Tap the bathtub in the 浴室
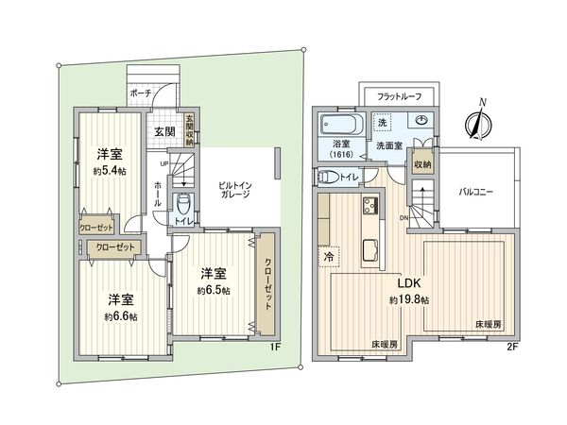point(337,125)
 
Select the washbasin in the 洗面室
point(418,121)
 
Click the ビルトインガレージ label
point(233,188)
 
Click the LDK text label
point(408,283)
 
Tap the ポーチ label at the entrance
point(140,94)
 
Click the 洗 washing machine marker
point(383,124)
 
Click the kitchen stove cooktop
point(368,207)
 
